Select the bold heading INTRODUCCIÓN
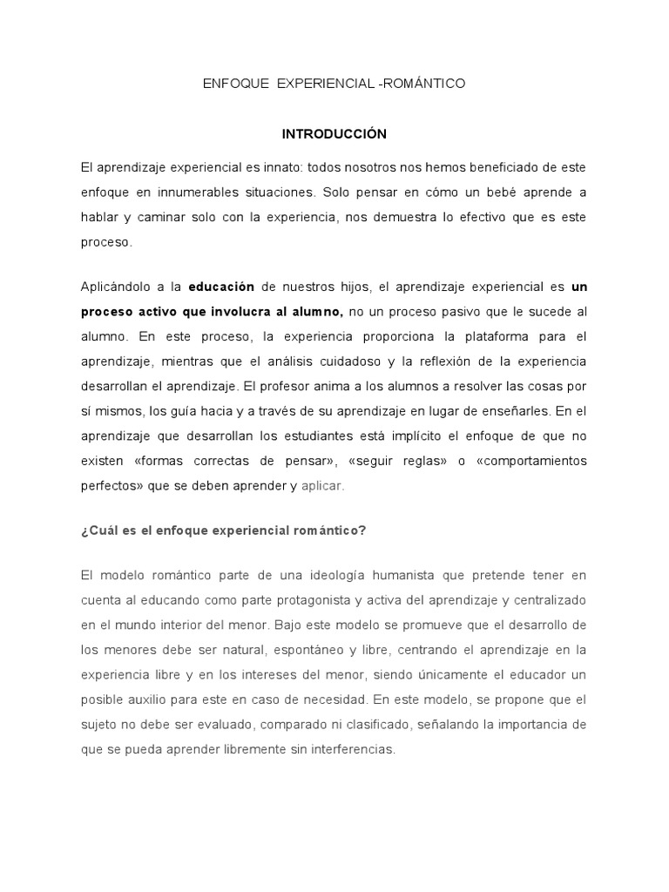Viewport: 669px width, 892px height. click(x=334, y=134)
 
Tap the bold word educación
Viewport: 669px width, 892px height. click(x=221, y=286)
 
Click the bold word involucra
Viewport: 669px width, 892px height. click(x=251, y=311)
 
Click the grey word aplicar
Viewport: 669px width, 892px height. click(x=322, y=486)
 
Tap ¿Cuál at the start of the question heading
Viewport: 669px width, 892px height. click(x=97, y=536)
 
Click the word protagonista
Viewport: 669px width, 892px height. click(x=308, y=601)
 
